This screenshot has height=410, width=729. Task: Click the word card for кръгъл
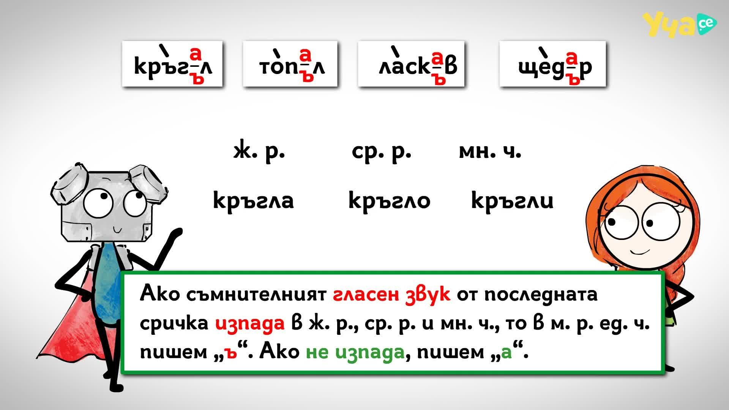point(172,64)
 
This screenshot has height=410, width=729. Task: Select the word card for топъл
point(290,64)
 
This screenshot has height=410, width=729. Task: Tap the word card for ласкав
point(411,64)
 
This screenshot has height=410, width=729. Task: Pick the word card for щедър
point(552,64)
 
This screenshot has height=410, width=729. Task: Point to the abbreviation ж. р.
point(259,151)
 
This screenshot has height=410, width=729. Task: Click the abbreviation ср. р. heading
point(381,151)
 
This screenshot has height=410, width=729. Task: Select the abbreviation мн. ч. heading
point(490,151)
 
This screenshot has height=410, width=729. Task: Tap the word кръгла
point(253,200)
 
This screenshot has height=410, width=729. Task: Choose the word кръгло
point(389,200)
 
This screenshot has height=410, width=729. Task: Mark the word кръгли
point(512,200)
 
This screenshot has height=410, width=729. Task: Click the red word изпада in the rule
point(250,323)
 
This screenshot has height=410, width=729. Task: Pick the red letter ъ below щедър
point(575,79)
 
